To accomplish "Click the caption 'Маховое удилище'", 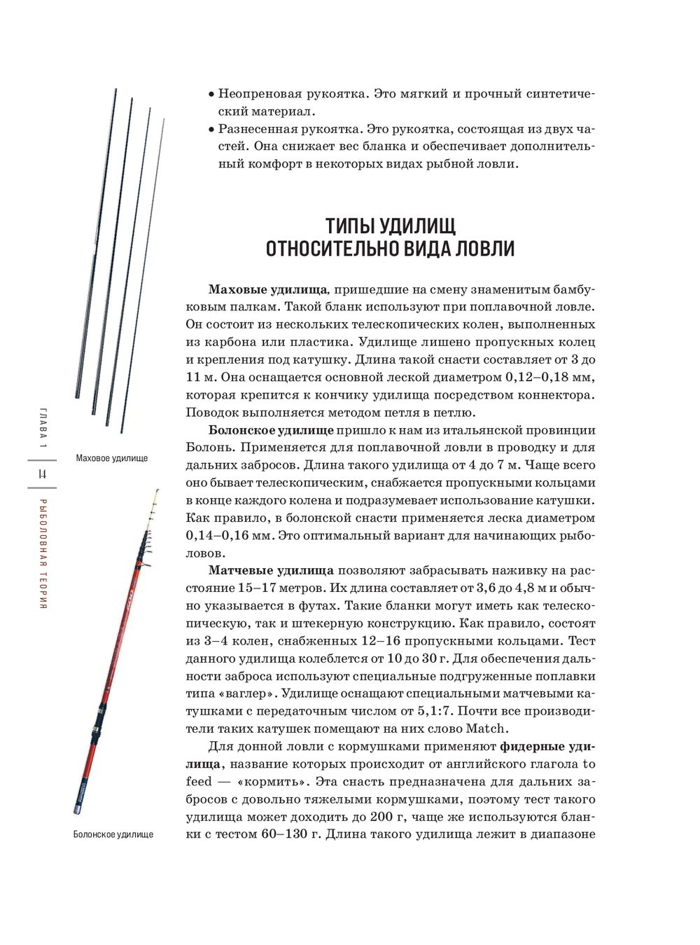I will click(112, 458).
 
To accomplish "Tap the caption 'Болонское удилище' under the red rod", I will click(113, 834).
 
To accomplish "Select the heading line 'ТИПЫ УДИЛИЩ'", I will click(391, 226).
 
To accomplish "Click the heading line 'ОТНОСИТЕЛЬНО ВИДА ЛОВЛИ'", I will click(391, 249).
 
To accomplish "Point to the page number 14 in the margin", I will click(43, 474).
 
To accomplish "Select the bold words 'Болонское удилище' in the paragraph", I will click(271, 430).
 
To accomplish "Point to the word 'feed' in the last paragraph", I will click(199, 782).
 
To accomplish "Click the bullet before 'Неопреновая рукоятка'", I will click(211, 95).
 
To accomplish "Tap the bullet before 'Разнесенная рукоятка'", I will click(211, 130).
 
